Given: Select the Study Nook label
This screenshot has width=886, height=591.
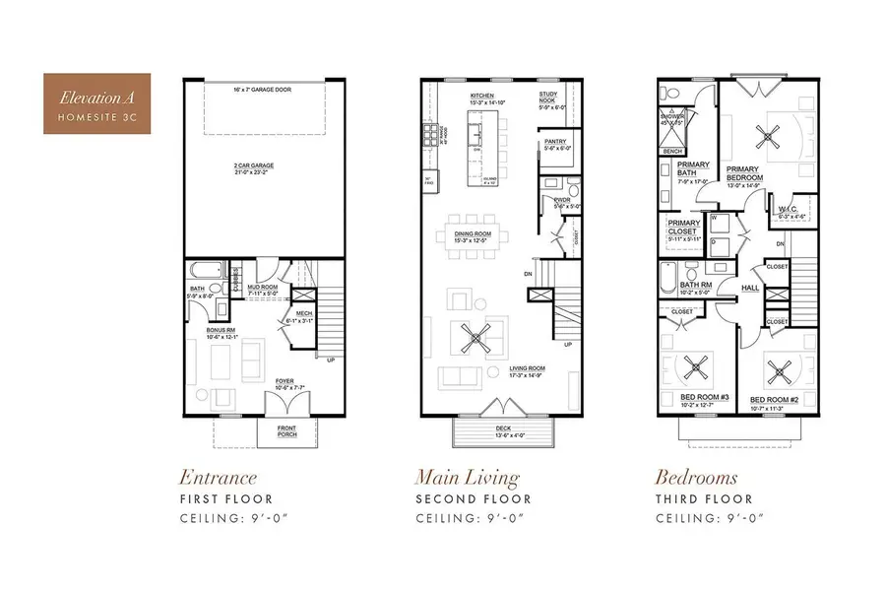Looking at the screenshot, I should coord(548,98).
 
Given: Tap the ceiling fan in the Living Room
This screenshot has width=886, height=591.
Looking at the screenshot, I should coord(476,339).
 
